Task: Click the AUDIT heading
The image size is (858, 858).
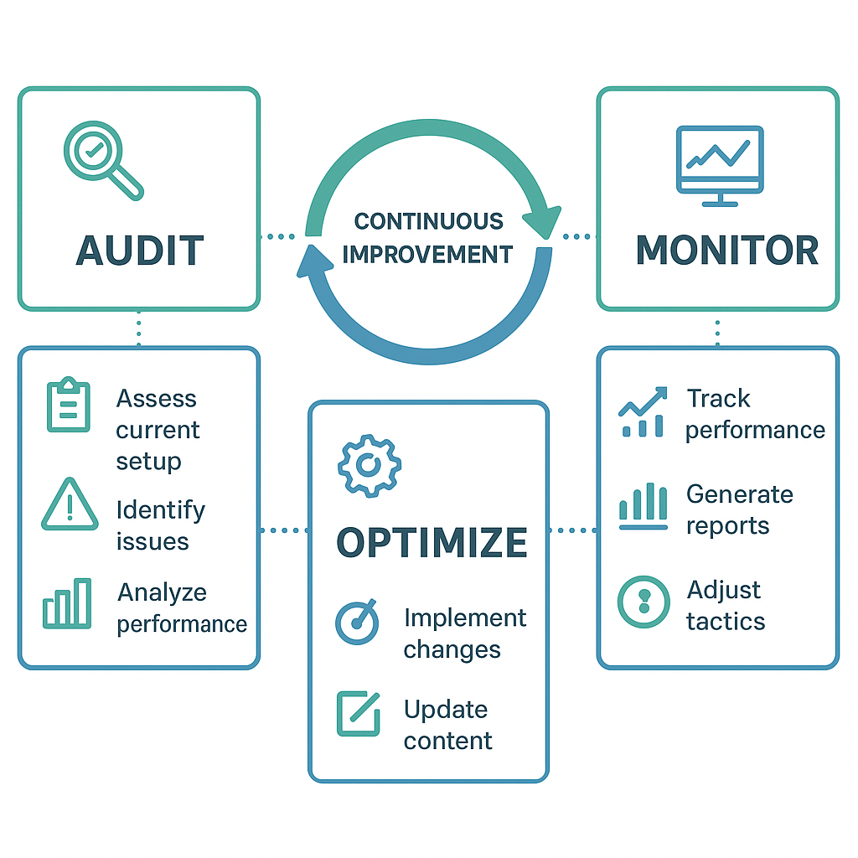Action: (x=139, y=251)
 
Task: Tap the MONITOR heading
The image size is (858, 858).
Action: (x=727, y=251)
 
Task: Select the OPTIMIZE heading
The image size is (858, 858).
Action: (x=432, y=543)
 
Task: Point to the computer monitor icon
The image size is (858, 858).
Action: (x=720, y=165)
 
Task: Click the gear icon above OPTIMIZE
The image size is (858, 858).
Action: (x=369, y=465)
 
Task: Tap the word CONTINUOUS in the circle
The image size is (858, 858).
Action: (x=428, y=222)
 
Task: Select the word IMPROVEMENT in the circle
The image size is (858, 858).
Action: (x=427, y=254)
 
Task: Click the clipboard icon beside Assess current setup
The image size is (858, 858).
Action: (x=67, y=406)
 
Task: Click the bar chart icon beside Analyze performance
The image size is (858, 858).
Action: (x=67, y=603)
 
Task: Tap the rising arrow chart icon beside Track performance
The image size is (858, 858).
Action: (x=643, y=412)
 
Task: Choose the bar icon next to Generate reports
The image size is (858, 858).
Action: (x=643, y=508)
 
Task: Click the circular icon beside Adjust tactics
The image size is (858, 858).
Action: (x=643, y=602)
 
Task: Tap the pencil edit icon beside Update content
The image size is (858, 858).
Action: (x=358, y=713)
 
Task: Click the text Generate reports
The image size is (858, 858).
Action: (x=739, y=509)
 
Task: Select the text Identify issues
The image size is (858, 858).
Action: (x=160, y=525)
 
